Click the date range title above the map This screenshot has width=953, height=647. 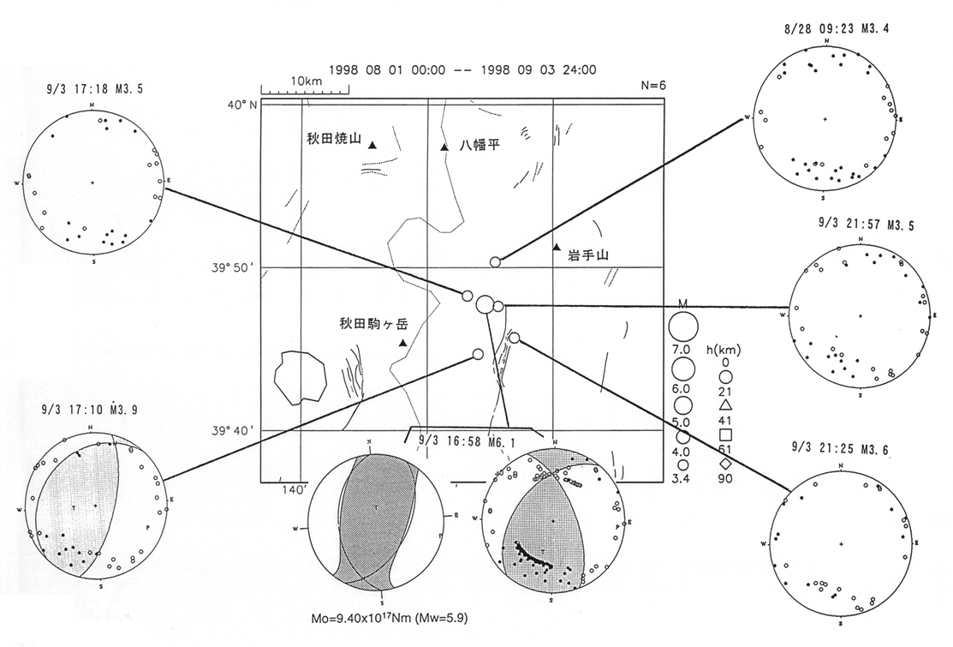[463, 70]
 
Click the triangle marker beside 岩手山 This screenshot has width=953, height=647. [557, 248]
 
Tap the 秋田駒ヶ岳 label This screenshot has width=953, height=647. [369, 324]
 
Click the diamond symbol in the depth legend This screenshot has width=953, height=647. [724, 464]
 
